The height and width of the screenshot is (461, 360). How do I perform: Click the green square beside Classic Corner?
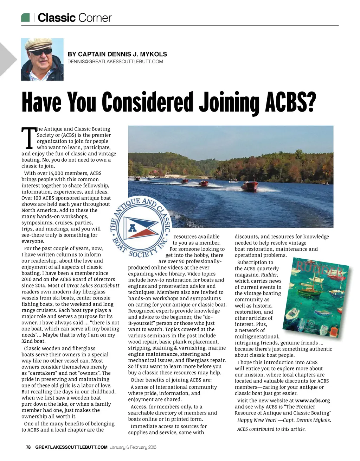click(x=25, y=17)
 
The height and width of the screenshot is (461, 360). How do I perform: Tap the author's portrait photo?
click(x=42, y=59)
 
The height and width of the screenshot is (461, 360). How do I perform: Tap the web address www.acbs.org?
click(x=312, y=400)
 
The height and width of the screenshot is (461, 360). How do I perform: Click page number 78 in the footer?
click(x=28, y=447)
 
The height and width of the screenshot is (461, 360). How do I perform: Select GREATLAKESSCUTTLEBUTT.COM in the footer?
click(x=71, y=447)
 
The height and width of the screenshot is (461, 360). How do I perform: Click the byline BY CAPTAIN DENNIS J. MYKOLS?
click(x=117, y=54)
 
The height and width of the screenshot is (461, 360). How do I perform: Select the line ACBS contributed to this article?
click(x=271, y=429)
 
